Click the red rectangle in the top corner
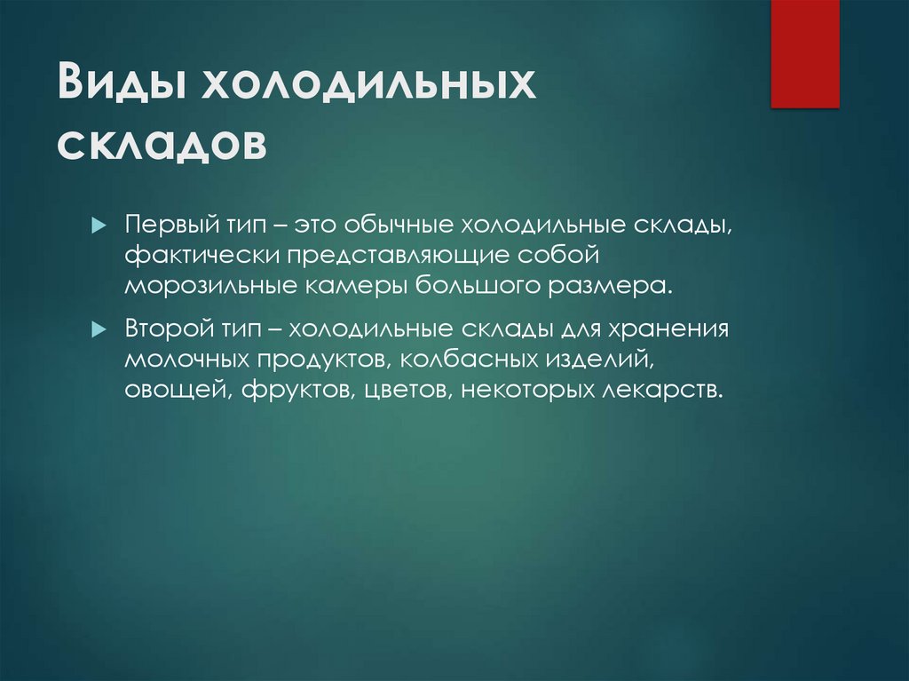[804, 53]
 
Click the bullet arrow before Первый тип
[99, 221]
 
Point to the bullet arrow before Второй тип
[99, 329]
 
